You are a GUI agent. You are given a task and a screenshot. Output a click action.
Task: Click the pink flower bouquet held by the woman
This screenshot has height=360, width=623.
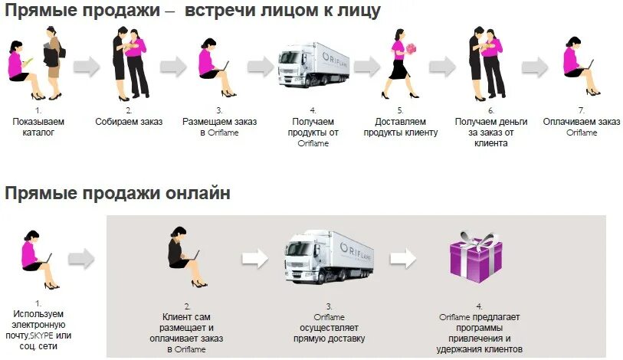pyautogui.click(x=412, y=48)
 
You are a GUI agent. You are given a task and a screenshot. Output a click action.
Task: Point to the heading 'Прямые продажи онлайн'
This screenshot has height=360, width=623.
pyautogui.click(x=117, y=193)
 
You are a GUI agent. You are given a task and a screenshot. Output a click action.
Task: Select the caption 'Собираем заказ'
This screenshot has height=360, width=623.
pyautogui.click(x=129, y=122)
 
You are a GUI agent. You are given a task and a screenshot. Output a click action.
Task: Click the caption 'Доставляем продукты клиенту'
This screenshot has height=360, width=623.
pyautogui.click(x=406, y=126)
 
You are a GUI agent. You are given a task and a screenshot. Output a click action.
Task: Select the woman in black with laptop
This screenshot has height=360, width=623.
pyautogui.click(x=184, y=257)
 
